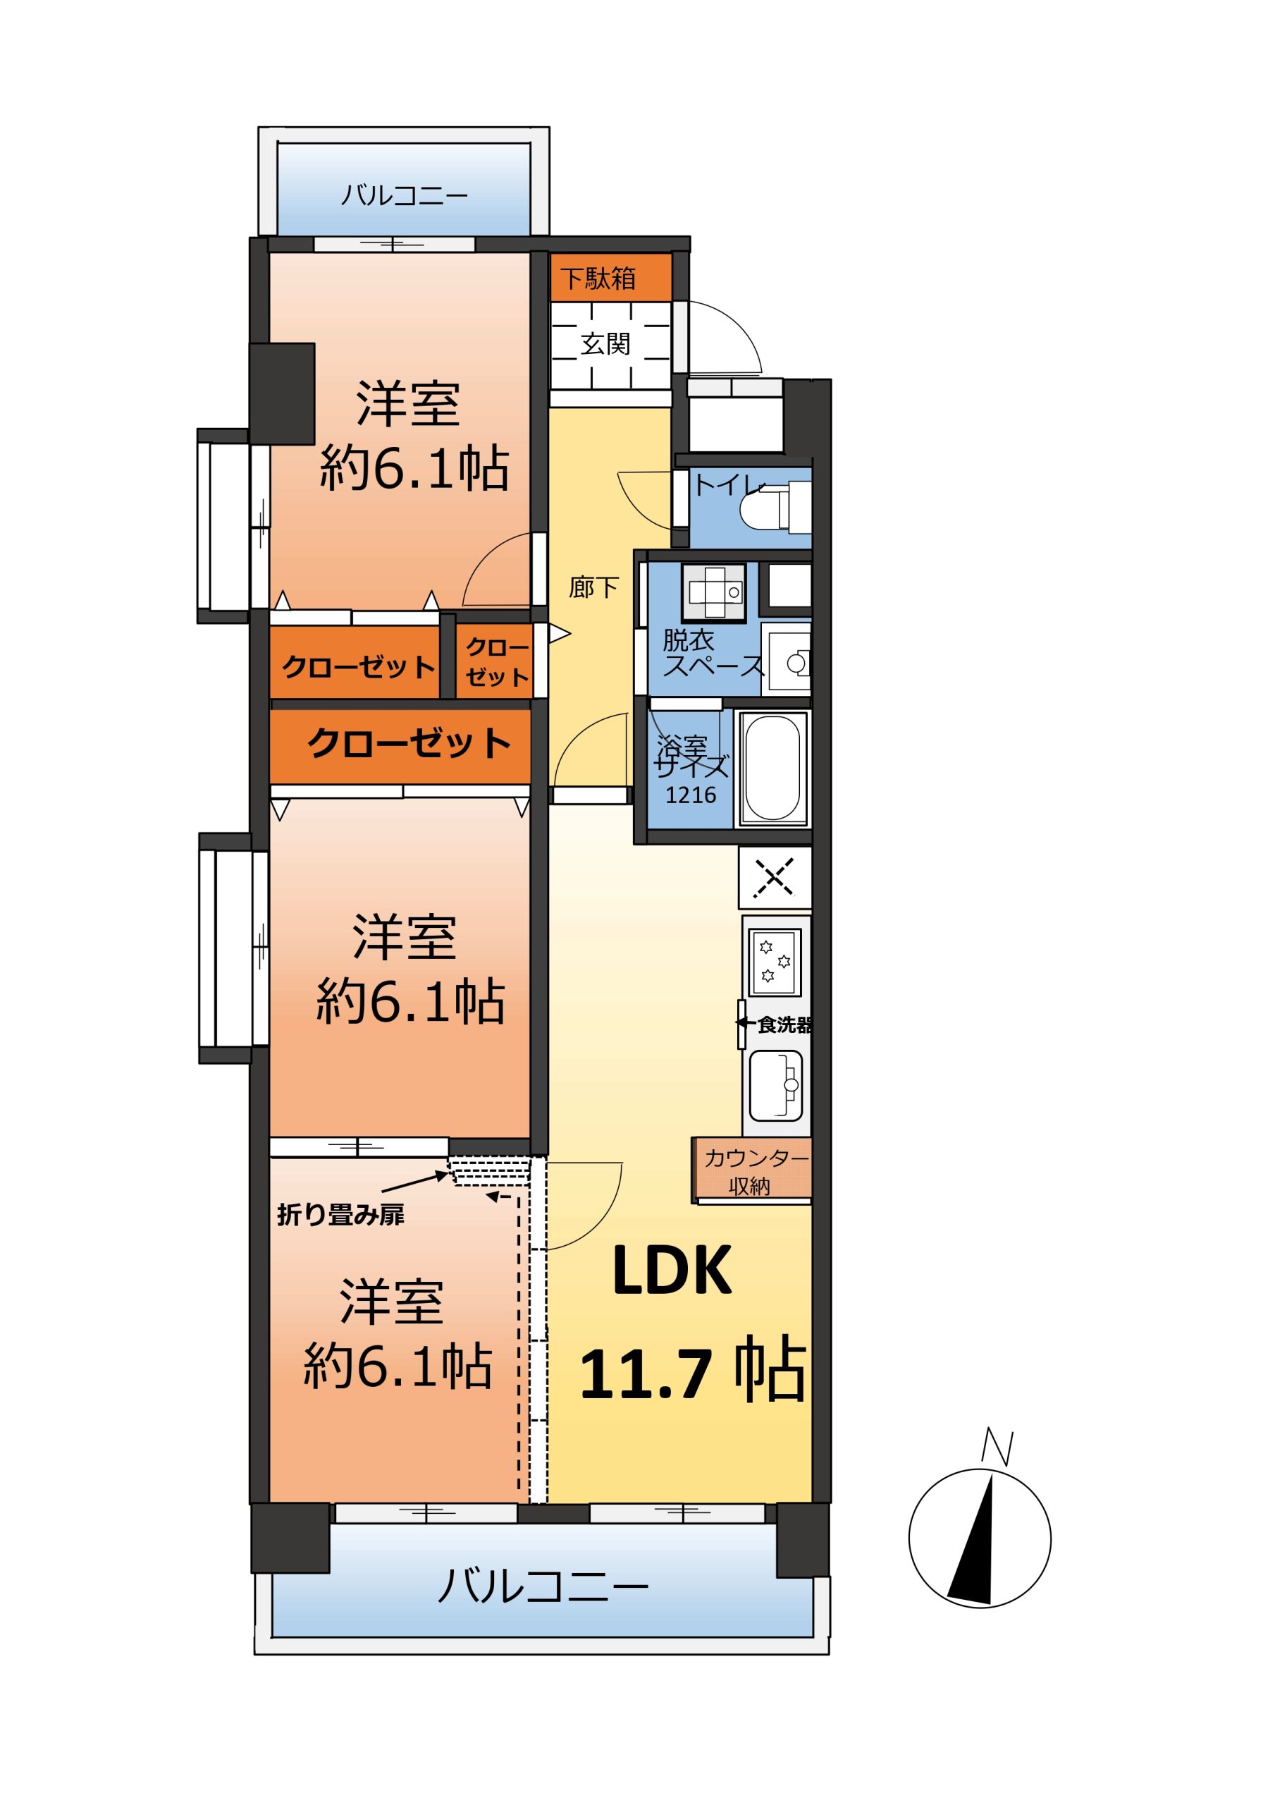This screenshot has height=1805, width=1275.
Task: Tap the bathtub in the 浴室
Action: (x=772, y=768)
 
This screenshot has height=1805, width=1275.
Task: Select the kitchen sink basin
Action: (x=776, y=1086)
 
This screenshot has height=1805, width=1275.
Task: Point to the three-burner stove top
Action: (x=775, y=962)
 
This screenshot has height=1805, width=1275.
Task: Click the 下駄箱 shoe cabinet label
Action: (x=598, y=279)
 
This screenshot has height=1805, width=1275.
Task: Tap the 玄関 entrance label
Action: (x=605, y=343)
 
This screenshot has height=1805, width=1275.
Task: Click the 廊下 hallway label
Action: (x=593, y=587)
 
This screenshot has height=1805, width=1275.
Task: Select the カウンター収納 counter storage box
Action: (x=752, y=1170)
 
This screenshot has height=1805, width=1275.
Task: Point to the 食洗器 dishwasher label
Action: (x=784, y=1025)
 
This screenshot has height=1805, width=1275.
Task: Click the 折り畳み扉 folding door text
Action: (x=340, y=1216)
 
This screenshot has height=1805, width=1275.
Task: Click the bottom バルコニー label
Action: (x=543, y=1585)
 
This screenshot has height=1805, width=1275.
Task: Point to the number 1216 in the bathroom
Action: (x=691, y=795)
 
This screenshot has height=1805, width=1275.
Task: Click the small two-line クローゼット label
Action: (x=497, y=662)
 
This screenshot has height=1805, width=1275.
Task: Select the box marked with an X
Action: (x=775, y=876)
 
